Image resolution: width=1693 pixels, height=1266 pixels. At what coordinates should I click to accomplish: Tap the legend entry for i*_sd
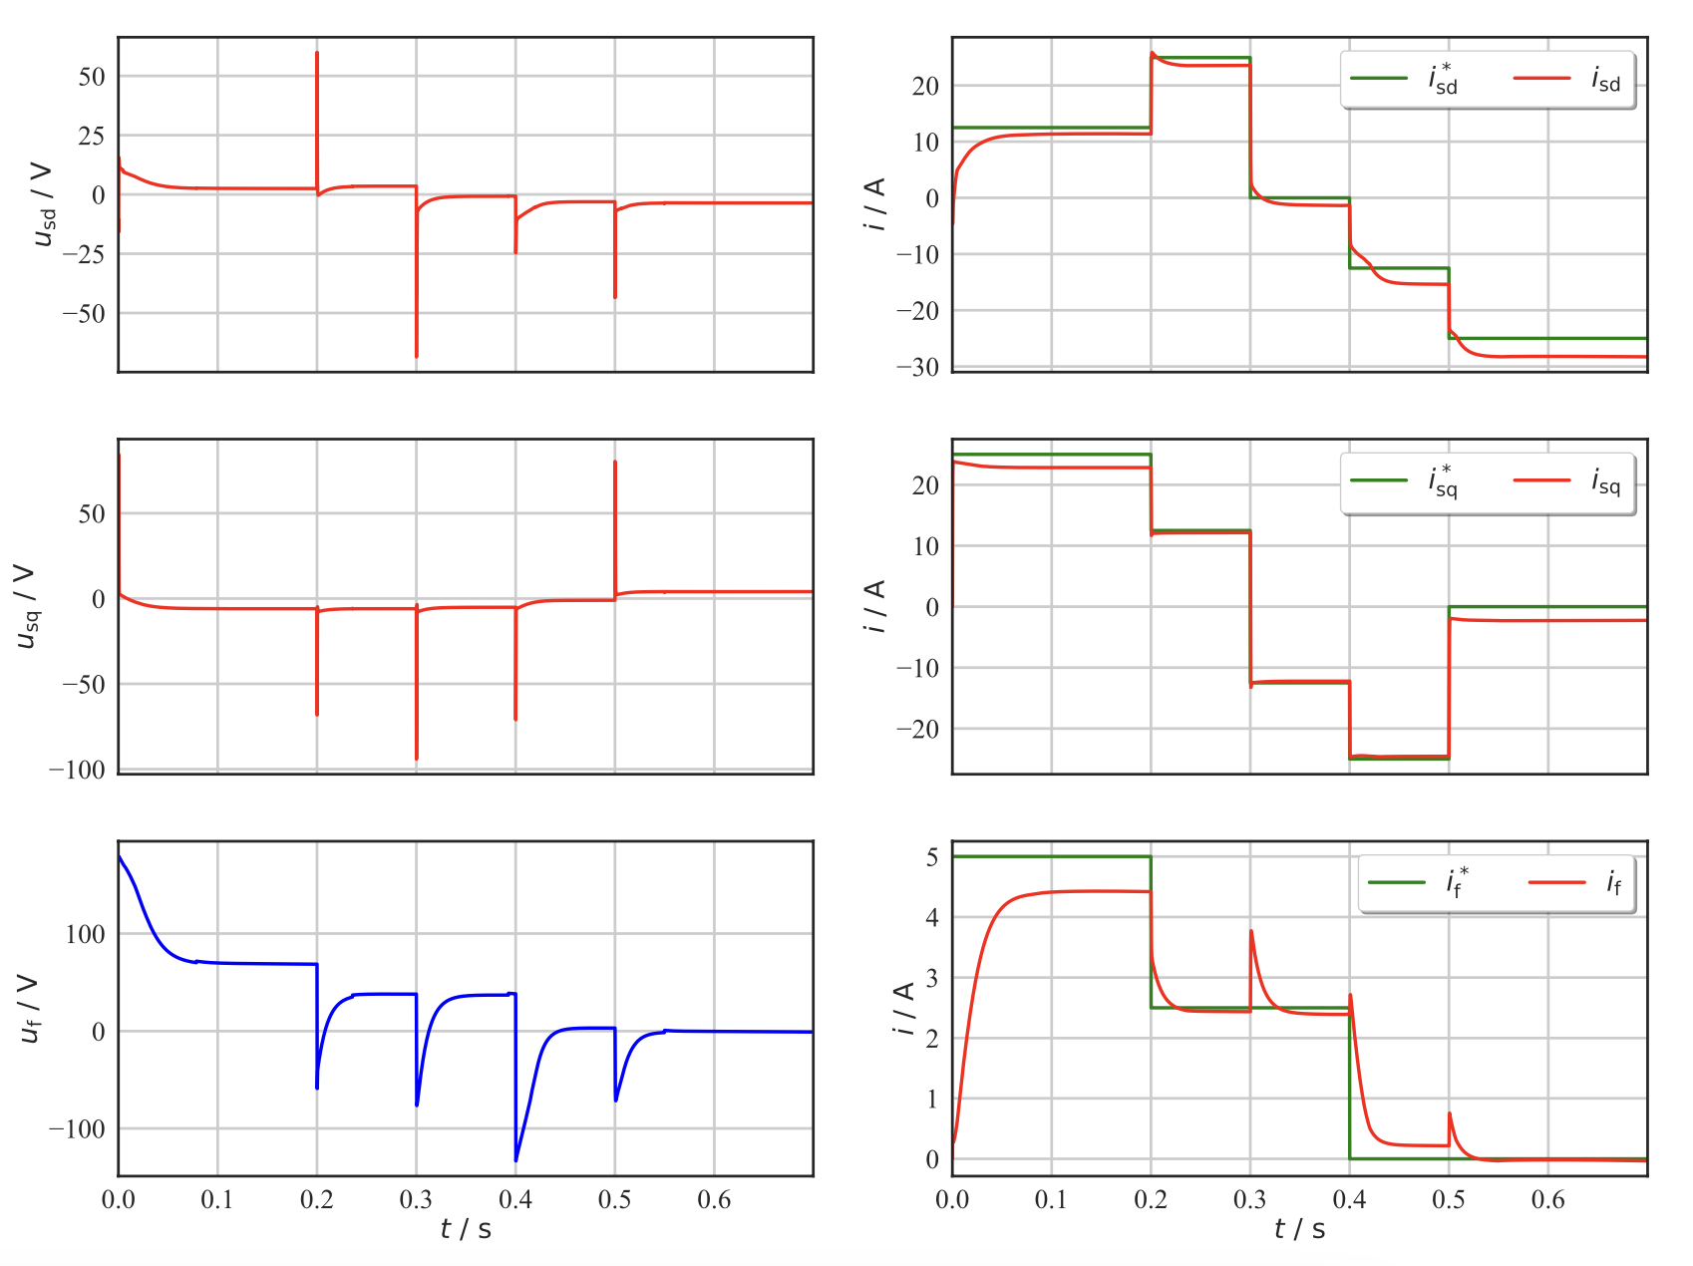pos(1405,79)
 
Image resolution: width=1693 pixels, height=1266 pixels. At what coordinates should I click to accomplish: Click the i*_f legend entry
pos(1419,882)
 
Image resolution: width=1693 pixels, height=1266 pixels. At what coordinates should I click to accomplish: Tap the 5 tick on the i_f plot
pos(931,857)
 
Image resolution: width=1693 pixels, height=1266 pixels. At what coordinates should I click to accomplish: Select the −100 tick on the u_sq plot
pos(83,770)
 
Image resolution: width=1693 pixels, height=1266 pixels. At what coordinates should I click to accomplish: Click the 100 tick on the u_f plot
pos(85,934)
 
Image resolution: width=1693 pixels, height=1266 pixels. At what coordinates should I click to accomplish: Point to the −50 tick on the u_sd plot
pos(84,313)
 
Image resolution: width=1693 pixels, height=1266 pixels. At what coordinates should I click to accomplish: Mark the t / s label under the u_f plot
pos(466,1229)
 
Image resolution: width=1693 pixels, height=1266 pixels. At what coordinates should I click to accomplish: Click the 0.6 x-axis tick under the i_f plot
pos(1547,1199)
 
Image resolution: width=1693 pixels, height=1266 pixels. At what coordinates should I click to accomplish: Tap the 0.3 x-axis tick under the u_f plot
pos(416,1199)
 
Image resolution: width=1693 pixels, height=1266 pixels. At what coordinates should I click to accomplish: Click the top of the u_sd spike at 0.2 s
pos(317,53)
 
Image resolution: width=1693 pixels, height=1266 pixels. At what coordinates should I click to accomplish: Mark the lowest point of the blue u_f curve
pos(515,1160)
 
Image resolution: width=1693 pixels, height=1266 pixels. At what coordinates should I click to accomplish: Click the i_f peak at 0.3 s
pos(1251,931)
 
